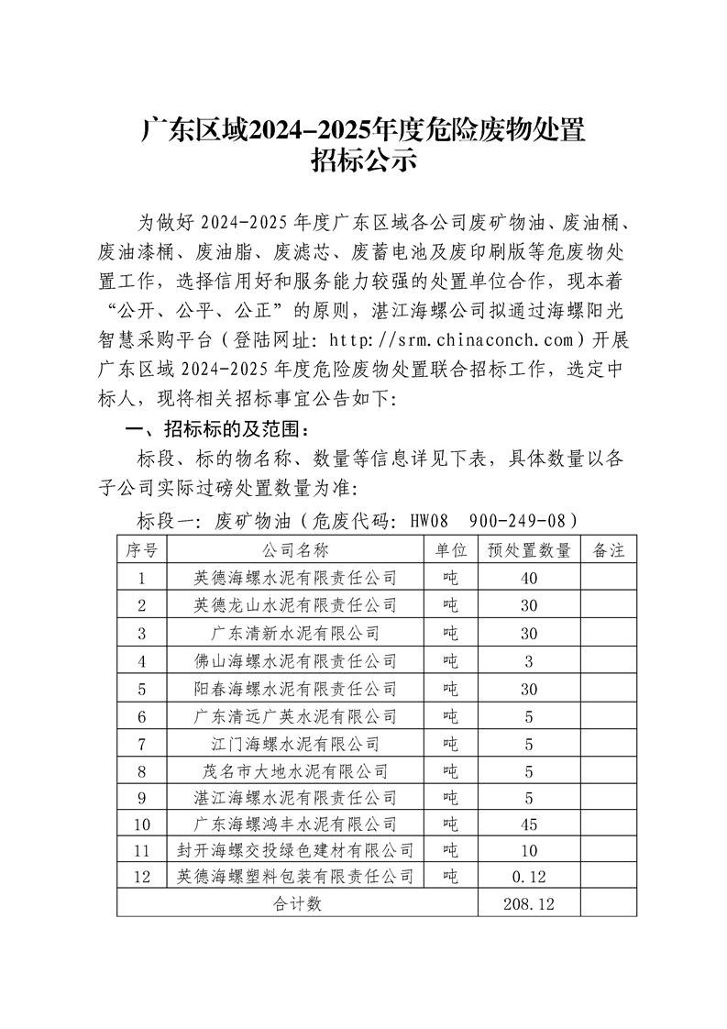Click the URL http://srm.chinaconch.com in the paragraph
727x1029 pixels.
pyautogui.click(x=453, y=341)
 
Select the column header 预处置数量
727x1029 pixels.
pyautogui.click(x=529, y=550)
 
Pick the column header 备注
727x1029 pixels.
pyautogui.click(x=609, y=550)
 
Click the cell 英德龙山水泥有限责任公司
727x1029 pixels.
pyautogui.click(x=295, y=605)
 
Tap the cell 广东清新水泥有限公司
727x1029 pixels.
pyautogui.click(x=295, y=633)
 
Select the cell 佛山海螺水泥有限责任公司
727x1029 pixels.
pyautogui.click(x=295, y=660)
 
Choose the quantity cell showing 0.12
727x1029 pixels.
pyautogui.click(x=529, y=878)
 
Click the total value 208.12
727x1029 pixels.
pyautogui.click(x=529, y=904)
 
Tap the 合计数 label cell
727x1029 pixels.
pyautogui.click(x=297, y=904)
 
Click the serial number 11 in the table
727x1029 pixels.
pyautogui.click(x=141, y=850)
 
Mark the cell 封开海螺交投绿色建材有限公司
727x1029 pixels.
pyautogui.click(x=295, y=850)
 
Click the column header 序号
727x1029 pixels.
pyautogui.click(x=141, y=550)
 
